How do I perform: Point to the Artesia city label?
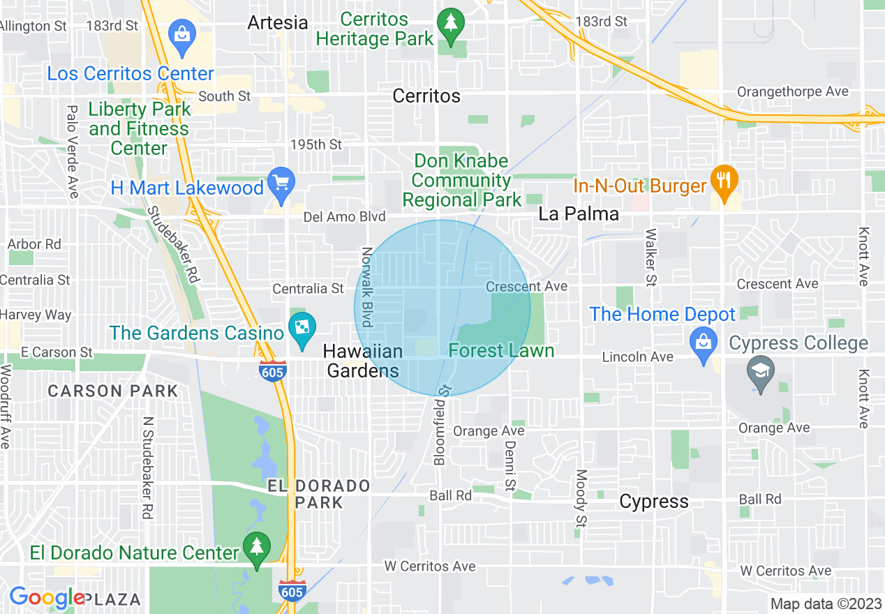coord(278,22)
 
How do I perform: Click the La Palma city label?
coord(579,214)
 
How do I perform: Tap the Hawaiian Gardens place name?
coord(363,361)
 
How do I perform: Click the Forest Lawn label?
coord(501,350)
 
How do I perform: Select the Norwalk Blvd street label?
coord(367,287)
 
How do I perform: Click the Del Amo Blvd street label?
coord(344,218)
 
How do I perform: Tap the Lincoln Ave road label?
coord(638,357)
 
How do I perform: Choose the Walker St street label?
coord(651,257)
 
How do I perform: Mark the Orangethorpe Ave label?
coord(793,91)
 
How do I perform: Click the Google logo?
coord(46,598)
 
